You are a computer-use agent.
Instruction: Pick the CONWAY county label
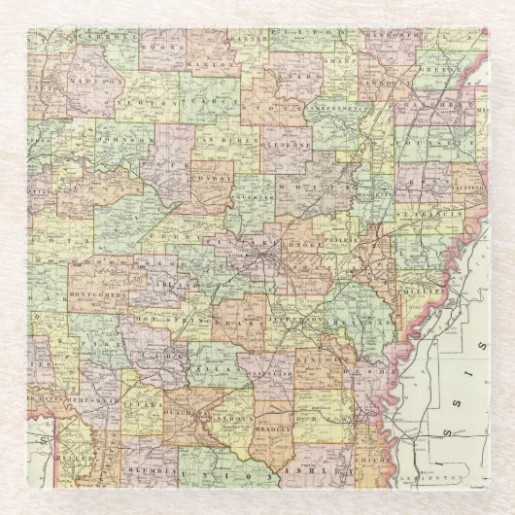[214, 180]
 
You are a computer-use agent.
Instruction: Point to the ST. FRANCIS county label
[425, 209]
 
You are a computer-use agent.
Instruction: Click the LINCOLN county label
[328, 360]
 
